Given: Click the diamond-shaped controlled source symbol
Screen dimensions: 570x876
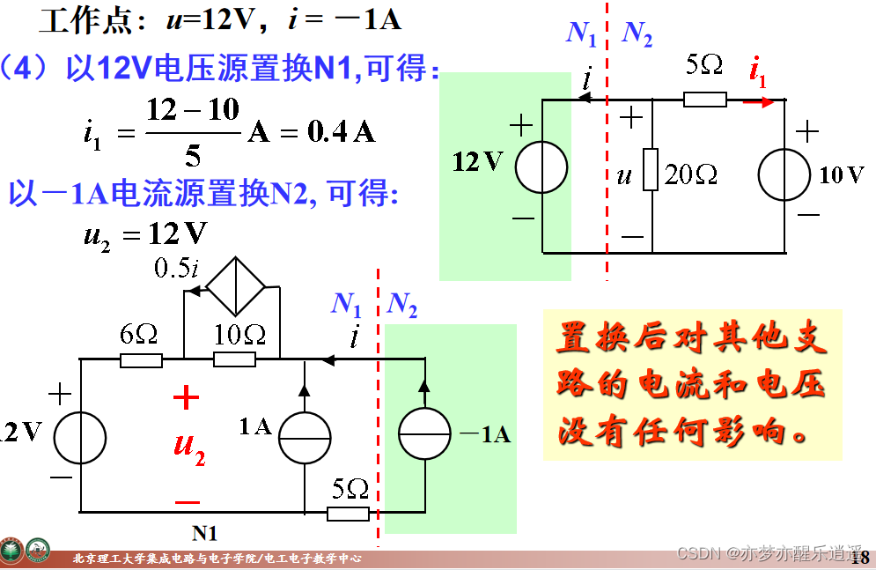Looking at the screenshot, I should (x=235, y=286).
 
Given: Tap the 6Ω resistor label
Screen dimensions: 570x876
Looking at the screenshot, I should (x=140, y=335).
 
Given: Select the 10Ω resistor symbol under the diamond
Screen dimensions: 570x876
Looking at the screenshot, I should (x=235, y=359).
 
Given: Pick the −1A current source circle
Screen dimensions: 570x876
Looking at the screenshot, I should (x=424, y=434).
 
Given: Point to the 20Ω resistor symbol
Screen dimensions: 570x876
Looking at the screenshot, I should (x=651, y=170).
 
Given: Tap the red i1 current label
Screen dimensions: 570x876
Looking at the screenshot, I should (x=756, y=73).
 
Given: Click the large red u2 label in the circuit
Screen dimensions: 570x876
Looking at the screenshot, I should (x=188, y=448).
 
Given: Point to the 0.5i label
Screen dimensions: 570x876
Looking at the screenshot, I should (x=175, y=268).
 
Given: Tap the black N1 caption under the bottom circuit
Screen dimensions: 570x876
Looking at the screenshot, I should (x=204, y=533).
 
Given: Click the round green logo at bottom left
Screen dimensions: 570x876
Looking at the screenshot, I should (x=38, y=551).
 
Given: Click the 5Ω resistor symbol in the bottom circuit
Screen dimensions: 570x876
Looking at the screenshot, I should (x=348, y=513).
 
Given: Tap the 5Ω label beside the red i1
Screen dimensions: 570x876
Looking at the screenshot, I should (x=704, y=66).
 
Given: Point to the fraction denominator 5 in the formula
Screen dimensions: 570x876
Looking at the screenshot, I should (x=193, y=157).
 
